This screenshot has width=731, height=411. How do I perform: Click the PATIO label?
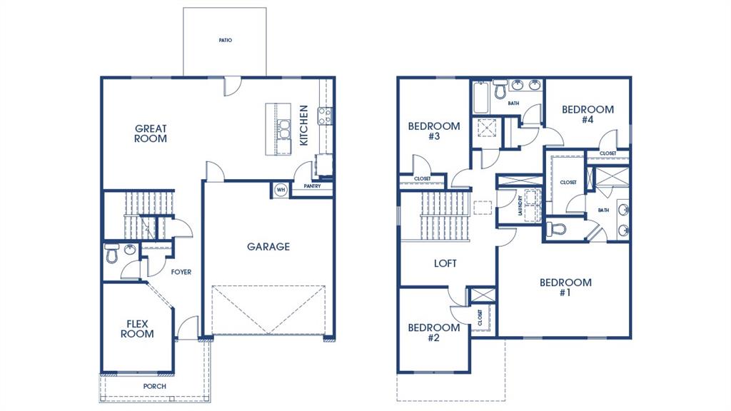tap(225, 41)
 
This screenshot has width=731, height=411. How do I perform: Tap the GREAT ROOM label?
tap(151, 133)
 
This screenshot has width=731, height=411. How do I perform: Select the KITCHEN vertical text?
tap(304, 126)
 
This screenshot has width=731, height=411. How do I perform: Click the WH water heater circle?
tap(280, 190)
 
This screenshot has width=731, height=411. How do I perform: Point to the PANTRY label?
tap(312, 186)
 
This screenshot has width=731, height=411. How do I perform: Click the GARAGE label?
tap(268, 247)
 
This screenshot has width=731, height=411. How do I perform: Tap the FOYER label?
tap(181, 272)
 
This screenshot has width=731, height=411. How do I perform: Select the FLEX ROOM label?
tap(136, 329)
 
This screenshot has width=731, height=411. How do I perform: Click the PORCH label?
tap(154, 387)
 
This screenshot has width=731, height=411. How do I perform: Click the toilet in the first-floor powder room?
tap(111, 253)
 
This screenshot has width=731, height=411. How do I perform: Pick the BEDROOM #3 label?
tap(434, 131)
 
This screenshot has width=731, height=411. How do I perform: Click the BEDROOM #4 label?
tap(588, 114)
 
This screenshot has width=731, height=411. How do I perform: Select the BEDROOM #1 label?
tap(565, 288)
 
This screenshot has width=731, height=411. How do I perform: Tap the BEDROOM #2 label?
tap(433, 333)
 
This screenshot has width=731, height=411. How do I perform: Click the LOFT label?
tap(445, 263)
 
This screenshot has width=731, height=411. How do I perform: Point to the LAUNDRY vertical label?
tap(520, 206)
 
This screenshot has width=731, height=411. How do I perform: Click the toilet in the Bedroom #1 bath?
tap(556, 230)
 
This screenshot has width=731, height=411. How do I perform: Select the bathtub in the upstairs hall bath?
tap(480, 98)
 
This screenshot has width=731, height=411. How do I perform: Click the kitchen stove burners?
tap(325, 116)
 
